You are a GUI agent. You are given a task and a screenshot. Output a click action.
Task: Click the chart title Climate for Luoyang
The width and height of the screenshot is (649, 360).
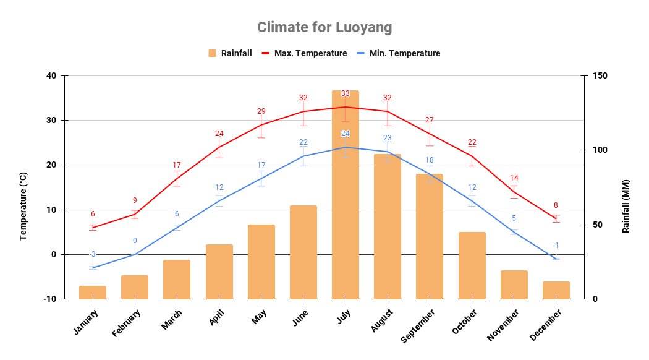(324, 28)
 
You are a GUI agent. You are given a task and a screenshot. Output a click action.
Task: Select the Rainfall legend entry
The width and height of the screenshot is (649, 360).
(230, 53)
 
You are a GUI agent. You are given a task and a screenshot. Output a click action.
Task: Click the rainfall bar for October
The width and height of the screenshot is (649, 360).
(472, 265)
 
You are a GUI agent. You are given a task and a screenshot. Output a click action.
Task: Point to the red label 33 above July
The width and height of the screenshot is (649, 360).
(346, 93)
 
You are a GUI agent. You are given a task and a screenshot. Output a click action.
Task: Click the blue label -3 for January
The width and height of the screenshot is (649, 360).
(93, 254)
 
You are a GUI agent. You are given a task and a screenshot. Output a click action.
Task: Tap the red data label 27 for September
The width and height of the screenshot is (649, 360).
(430, 120)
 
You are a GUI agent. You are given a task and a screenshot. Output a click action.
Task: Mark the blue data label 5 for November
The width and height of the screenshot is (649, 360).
(514, 218)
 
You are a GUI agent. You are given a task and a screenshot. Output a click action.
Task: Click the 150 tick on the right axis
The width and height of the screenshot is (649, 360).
(600, 76)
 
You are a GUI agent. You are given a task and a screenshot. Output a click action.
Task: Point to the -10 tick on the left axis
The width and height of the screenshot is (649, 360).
(49, 299)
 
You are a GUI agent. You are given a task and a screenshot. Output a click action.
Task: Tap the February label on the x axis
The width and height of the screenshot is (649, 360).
(127, 324)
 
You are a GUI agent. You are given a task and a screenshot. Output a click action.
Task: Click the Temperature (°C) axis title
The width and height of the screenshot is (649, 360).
(23, 206)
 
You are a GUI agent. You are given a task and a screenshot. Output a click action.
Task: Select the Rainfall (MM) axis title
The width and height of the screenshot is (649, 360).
(626, 206)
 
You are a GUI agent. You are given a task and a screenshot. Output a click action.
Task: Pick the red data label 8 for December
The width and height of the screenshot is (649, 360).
(556, 205)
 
